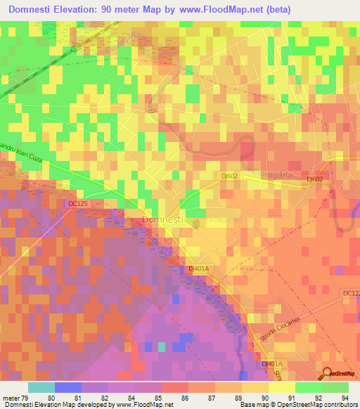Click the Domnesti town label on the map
coord(164,220)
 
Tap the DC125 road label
coord(79,204)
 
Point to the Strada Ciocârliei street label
coord(280,327)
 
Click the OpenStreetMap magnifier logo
coord(328,374)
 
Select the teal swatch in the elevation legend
coord(41,387)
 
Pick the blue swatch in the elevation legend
coord(67,387)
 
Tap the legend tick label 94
coord(346,398)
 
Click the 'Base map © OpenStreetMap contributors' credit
coord(297,405)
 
